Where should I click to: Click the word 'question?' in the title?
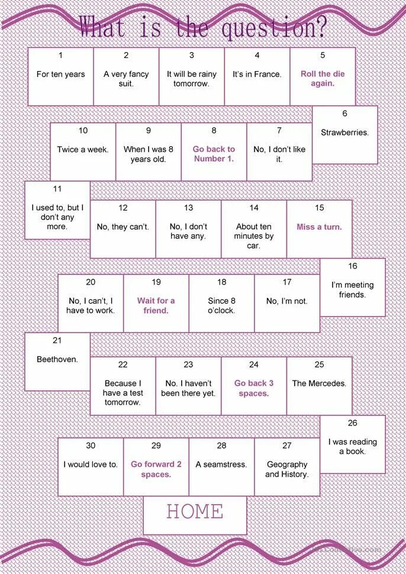[274, 27]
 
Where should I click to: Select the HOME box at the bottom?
[195, 512]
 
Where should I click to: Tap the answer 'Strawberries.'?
[344, 133]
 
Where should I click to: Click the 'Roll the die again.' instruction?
[323, 79]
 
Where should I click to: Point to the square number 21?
[57, 340]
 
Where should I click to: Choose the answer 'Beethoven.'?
[57, 359]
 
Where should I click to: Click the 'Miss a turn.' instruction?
[319, 227]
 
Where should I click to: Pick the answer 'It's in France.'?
[257, 75]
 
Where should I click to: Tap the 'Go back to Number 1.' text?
[214, 154]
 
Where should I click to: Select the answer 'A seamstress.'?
[221, 465]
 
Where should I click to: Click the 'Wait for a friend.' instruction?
[156, 305]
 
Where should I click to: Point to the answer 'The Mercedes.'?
[319, 383]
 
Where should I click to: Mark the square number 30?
[91, 446]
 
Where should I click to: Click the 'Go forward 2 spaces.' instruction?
[156, 469]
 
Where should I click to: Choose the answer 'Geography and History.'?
[287, 469]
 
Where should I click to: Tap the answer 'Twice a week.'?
[83, 150]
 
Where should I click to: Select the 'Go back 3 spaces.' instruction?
[254, 388]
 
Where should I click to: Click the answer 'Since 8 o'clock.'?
[221, 305]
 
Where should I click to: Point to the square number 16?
[353, 266]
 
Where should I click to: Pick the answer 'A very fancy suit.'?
[126, 79]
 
